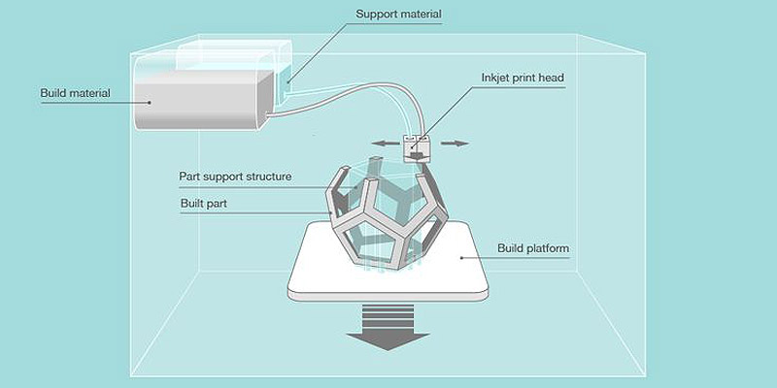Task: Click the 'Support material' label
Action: [397, 15]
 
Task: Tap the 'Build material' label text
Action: [75, 93]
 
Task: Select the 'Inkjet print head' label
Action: [522, 78]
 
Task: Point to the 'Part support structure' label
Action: [235, 178]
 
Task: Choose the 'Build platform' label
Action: [533, 248]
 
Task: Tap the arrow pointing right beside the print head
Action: [454, 144]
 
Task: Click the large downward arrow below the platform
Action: [388, 330]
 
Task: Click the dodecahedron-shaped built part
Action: [388, 218]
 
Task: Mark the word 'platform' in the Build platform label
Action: [551, 248]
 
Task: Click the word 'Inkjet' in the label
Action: [497, 78]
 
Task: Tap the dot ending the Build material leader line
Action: [149, 101]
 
